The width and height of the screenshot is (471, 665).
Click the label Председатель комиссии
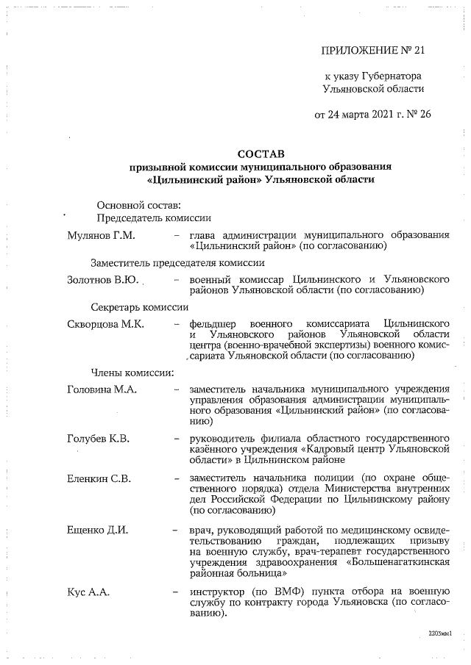point(155,218)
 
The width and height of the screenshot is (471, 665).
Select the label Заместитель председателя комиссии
point(177,262)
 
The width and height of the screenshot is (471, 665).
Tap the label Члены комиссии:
point(132,371)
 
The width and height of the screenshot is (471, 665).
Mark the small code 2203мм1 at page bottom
point(439,632)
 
